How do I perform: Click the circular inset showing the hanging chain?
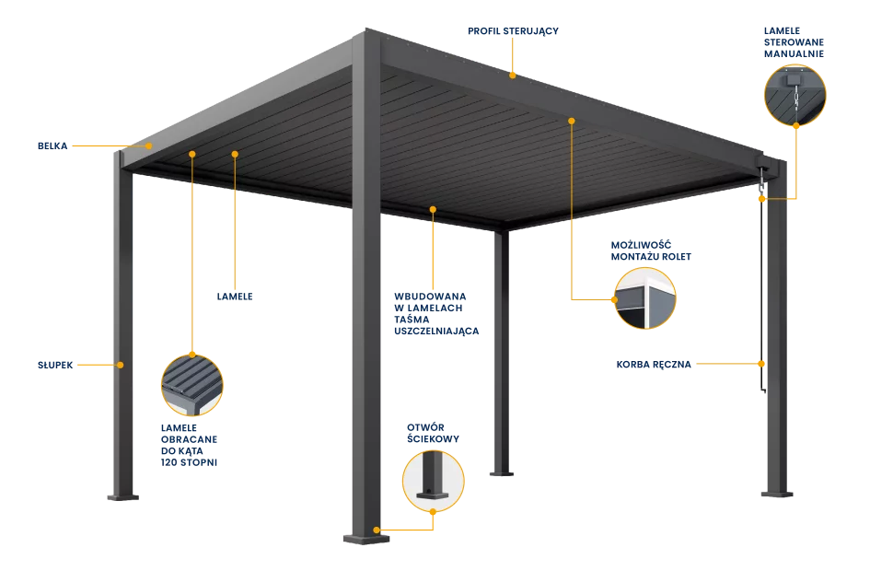795,94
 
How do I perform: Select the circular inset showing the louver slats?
192,385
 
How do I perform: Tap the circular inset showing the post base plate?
433,481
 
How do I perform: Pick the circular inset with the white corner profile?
645,297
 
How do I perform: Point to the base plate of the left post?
122,496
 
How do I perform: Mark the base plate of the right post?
778,494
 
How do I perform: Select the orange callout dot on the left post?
120,365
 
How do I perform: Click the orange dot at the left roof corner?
149,145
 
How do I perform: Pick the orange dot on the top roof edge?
513,75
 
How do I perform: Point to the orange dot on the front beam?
433,210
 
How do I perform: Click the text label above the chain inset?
794,42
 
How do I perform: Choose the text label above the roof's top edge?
513,31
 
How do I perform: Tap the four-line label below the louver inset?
191,446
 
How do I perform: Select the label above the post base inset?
433,434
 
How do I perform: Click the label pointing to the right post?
652,365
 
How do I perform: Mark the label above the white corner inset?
651,251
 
